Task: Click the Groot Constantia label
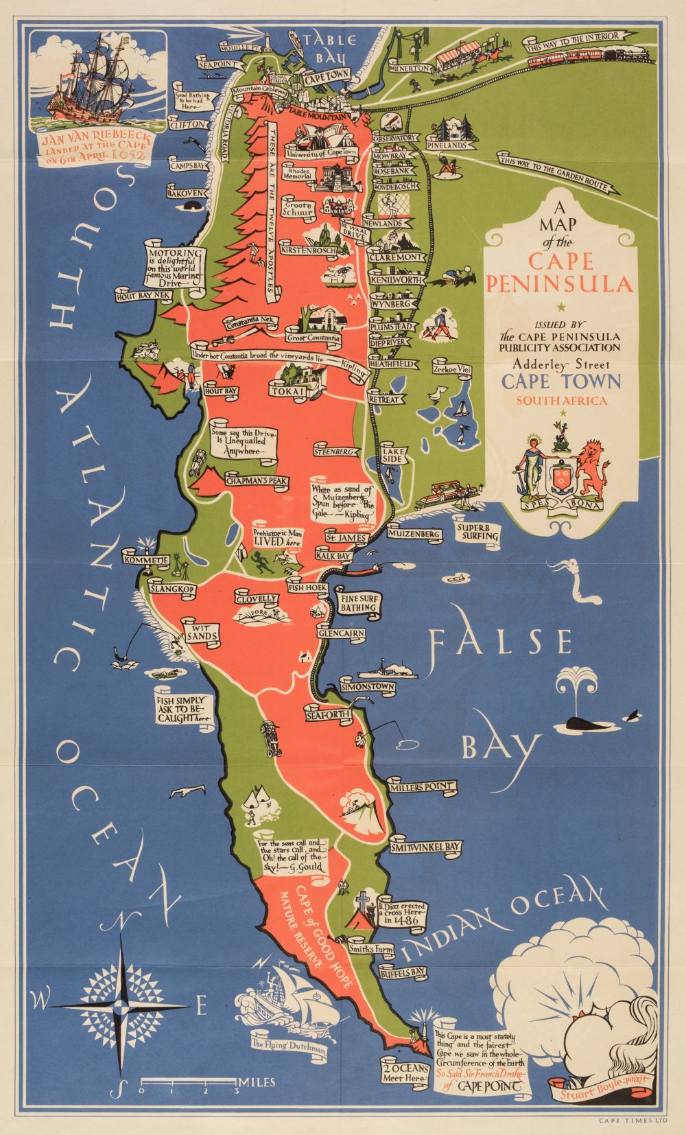(x=314, y=338)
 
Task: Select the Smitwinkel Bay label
(x=425, y=848)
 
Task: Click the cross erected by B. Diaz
(x=364, y=902)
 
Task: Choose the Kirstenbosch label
(x=307, y=251)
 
